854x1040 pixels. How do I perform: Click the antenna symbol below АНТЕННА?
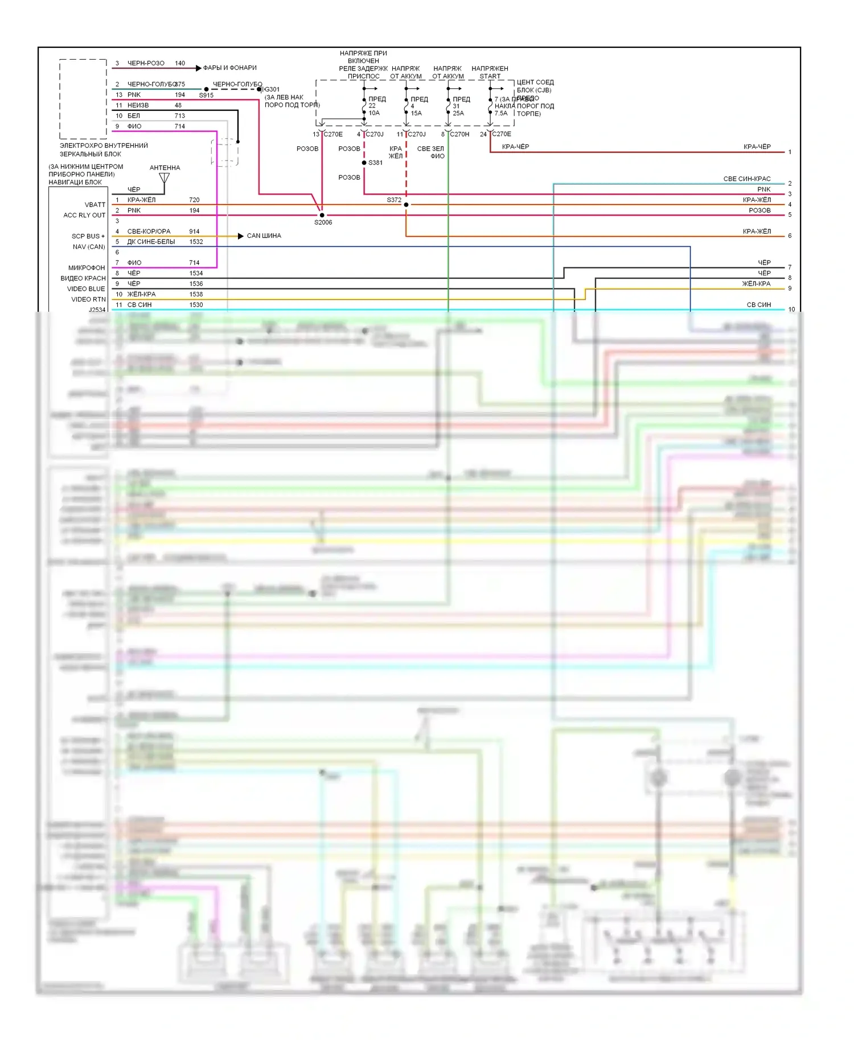[165, 179]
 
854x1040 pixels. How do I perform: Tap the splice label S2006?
[323, 222]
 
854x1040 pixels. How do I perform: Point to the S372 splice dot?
[406, 204]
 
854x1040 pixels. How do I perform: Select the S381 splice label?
[376, 163]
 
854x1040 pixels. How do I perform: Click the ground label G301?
[272, 89]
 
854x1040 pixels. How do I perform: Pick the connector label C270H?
[459, 134]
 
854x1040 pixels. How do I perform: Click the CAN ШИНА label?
[264, 236]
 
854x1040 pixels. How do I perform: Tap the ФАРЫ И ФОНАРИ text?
[230, 68]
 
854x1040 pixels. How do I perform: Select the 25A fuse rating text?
[458, 113]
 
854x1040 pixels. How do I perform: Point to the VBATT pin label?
[95, 205]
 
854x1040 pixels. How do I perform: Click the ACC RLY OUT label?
[84, 215]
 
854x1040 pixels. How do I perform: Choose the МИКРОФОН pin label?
[87, 268]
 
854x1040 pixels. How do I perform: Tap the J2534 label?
[97, 310]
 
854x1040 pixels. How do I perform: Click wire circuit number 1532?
[196, 242]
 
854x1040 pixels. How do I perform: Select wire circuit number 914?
[194, 232]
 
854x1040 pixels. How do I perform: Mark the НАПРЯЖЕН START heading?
[490, 72]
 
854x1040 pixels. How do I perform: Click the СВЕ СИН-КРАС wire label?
[747, 179]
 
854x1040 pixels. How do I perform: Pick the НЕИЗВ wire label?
[138, 105]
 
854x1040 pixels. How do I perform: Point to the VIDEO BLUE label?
[86, 289]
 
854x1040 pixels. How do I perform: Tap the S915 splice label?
[206, 96]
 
